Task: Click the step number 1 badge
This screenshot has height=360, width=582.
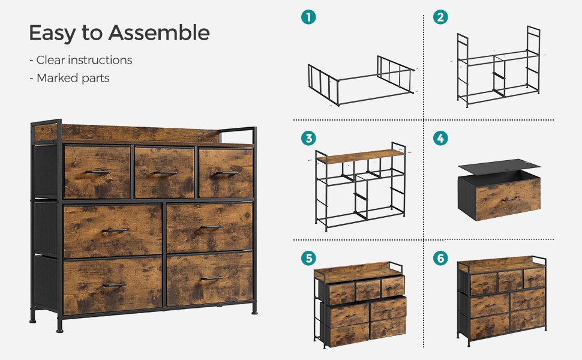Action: pos(308,17)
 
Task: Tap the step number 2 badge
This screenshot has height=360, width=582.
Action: pos(440,17)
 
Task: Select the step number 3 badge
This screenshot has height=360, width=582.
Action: pos(308,139)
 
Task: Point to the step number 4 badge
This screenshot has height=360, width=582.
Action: pos(440,139)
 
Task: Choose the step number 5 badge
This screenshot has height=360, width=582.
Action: pos(308,258)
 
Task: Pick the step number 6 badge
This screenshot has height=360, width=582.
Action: pos(440,258)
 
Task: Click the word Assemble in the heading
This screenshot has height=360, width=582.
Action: pos(159,32)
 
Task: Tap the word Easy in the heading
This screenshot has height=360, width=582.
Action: pos(52,34)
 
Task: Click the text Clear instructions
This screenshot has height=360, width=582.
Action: pos(84,60)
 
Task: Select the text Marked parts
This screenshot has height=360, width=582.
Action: pos(73,78)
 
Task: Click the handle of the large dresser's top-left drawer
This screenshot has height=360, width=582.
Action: pos(98,172)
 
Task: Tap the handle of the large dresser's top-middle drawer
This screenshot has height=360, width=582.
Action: pos(166,173)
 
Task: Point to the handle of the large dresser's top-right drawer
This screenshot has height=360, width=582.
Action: pos(227,173)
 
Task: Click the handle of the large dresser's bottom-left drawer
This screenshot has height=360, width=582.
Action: pos(115,285)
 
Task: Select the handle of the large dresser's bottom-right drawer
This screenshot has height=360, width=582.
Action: pos(212,278)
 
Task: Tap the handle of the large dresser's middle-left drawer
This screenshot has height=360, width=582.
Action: pos(115,230)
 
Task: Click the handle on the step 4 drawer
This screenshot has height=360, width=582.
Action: pos(511,200)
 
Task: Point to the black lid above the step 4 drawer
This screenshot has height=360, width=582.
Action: pos(499,166)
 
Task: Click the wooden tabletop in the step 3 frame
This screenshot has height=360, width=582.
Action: pos(361,156)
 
